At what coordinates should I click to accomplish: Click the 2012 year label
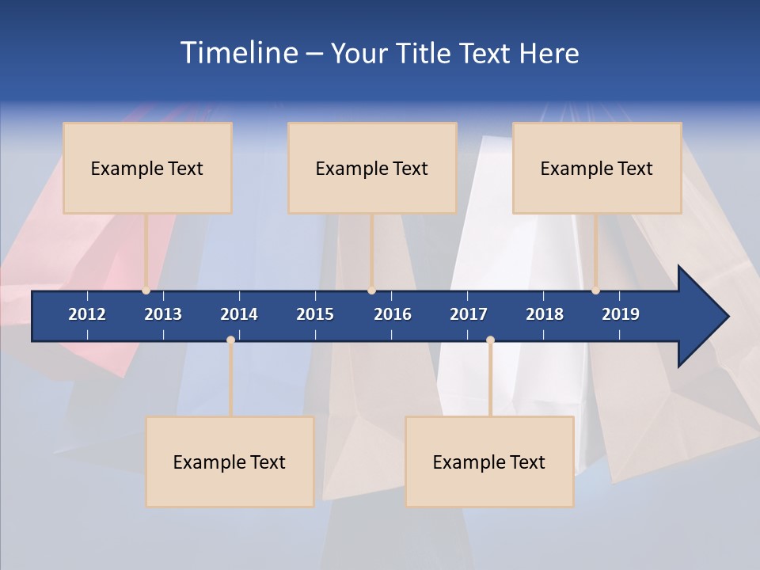[87, 314]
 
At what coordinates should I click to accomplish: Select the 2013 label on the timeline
[163, 314]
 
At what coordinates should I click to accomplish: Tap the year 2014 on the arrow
[239, 314]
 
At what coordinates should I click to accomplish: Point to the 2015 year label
[315, 314]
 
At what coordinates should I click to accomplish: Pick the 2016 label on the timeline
[393, 314]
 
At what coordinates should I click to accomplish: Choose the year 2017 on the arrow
[469, 314]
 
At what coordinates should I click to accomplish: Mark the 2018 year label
[545, 314]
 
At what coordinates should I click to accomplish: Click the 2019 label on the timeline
[621, 314]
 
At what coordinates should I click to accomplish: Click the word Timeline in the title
[238, 53]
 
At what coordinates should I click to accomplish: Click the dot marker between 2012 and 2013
[146, 291]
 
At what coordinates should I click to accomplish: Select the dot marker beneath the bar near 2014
[230, 340]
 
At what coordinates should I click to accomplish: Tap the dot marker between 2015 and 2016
[371, 291]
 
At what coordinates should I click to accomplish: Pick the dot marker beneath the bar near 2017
[490, 340]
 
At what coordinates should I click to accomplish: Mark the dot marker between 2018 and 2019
[595, 291]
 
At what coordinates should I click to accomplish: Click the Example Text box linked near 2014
[230, 462]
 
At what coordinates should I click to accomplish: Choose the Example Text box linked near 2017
[489, 462]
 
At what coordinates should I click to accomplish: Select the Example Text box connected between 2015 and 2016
[372, 168]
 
